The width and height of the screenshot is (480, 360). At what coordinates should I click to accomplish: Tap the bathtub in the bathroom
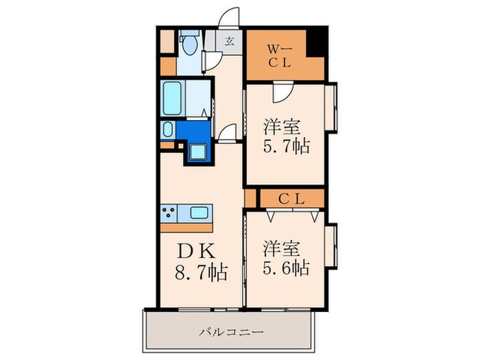(x=172, y=98)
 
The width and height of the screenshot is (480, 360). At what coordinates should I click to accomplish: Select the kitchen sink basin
(x=199, y=212)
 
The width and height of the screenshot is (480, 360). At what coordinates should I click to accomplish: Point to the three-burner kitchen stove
(x=169, y=213)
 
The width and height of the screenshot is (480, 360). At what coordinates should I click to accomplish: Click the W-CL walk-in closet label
(x=280, y=56)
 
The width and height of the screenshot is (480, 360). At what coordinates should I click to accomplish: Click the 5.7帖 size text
(x=287, y=146)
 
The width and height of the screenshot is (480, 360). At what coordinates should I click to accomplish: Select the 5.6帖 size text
(x=286, y=268)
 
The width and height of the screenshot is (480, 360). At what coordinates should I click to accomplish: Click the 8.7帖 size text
(x=202, y=272)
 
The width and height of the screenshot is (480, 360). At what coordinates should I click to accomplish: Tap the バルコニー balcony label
(x=232, y=332)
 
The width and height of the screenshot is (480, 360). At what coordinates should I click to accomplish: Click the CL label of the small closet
(x=291, y=200)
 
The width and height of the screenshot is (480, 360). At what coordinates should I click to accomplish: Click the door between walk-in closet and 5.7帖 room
(x=283, y=92)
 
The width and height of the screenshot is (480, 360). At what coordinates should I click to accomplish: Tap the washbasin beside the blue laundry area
(x=167, y=130)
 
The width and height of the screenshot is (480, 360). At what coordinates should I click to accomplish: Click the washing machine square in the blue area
(x=197, y=152)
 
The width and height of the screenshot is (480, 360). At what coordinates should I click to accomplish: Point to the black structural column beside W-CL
(x=317, y=41)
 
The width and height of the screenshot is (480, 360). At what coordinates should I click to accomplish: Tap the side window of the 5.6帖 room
(x=331, y=245)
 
